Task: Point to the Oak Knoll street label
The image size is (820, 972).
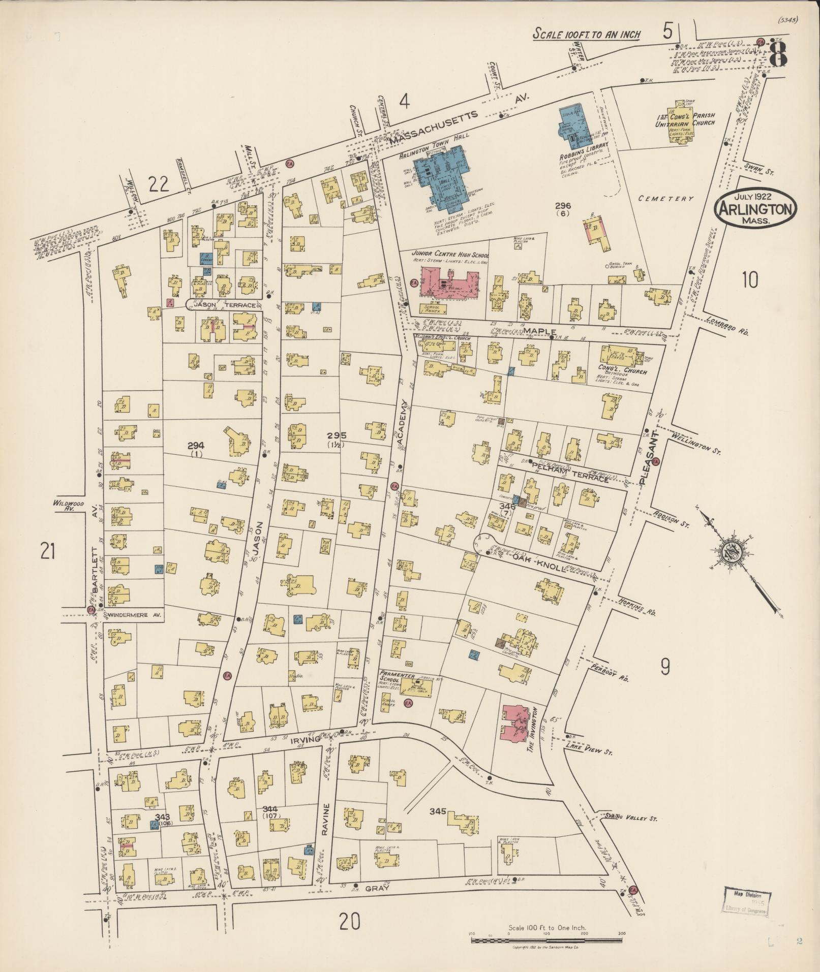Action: point(538,562)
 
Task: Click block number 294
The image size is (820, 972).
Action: point(196,446)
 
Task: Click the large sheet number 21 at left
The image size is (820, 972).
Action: point(47,551)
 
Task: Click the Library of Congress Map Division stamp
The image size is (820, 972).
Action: point(746,901)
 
